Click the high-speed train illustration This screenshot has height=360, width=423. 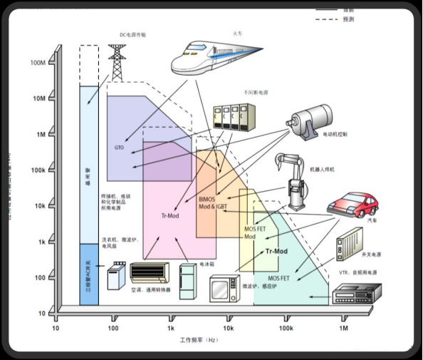pos(214,56)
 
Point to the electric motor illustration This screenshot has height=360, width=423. pos(313,118)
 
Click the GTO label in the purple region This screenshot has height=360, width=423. pos(119,148)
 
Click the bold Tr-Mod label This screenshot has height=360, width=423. pos(276,252)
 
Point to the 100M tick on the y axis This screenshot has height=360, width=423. pos(38,63)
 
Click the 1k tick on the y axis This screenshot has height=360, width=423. pos(41,242)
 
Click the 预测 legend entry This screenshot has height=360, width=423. pos(348,19)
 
